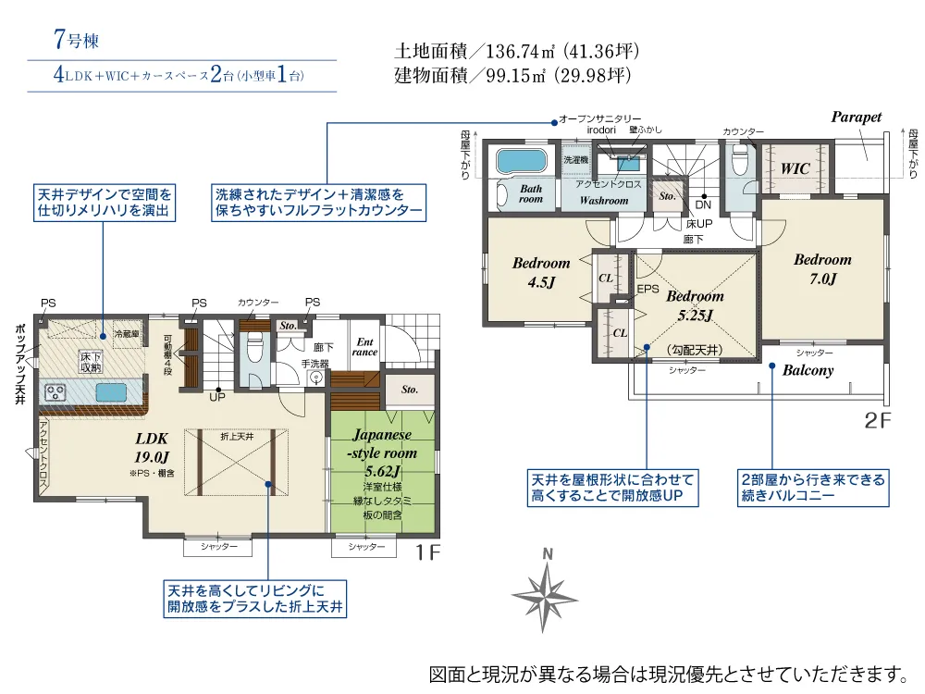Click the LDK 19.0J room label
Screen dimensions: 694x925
[151, 446]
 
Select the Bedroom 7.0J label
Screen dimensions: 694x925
[821, 269]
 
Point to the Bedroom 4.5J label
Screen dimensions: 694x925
[541, 272]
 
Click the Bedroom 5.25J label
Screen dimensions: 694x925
[695, 305]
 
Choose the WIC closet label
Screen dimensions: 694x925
[795, 169]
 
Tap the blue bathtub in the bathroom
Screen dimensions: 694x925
[524, 161]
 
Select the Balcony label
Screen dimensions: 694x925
[808, 370]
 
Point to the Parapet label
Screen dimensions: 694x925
[856, 118]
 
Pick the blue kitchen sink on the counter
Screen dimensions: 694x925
[110, 392]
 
